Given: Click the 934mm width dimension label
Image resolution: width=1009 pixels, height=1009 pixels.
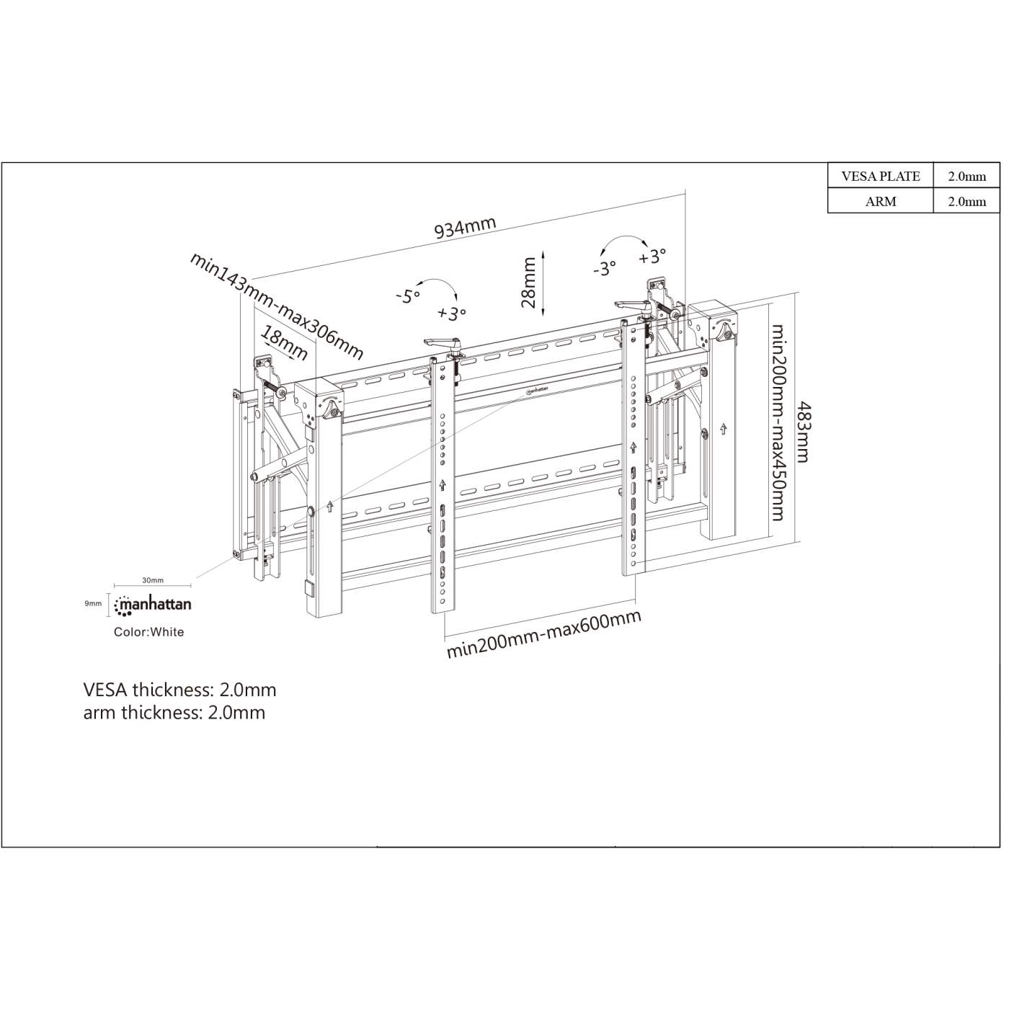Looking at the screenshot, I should pos(465,227).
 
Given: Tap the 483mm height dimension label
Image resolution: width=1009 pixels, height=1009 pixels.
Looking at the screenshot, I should pos(802,432).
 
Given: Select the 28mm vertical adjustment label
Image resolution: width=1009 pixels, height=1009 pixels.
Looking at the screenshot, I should pos(530,283).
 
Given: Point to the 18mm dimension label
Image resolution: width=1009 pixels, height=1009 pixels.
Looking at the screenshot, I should pos(284,343).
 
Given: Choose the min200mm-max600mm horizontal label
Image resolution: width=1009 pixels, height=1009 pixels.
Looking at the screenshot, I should pos(543,634).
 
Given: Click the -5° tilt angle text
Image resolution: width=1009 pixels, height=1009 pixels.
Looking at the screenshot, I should pos(407,295).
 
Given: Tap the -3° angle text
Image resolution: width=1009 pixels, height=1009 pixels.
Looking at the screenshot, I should pos(604,269).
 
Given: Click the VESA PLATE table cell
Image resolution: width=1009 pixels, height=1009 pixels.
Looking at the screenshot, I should pos(880,176).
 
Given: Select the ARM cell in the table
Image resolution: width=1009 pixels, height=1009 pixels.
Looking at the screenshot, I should pos(880,201).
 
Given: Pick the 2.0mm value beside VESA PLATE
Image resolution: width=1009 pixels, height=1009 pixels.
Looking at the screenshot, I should pos(966,176).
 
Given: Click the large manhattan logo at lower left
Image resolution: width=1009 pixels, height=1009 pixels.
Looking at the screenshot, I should pos(153,605).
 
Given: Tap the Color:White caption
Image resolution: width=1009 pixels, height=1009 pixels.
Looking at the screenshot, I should pos(148,632).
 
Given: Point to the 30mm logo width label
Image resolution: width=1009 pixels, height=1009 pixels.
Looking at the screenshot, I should pos(152,580).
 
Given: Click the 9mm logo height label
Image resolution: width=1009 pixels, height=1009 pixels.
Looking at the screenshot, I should pos(93,603).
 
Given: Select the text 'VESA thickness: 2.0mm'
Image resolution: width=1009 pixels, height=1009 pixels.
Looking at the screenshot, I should pos(179,690).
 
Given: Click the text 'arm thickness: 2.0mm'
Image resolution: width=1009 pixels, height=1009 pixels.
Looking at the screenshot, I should pos(174,713).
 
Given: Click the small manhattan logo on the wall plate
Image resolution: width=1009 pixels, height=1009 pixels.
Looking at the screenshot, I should pos(538,391).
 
